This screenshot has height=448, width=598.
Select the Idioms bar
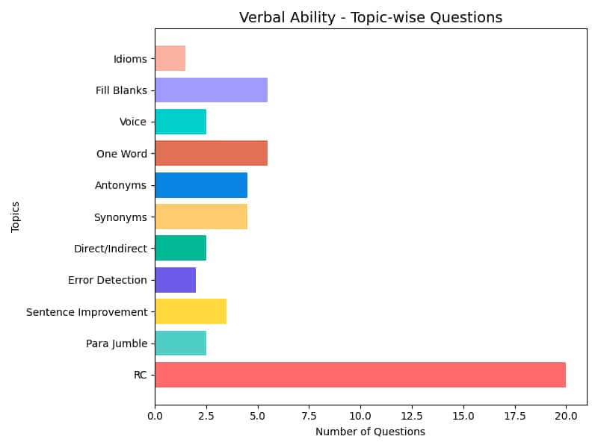click(170, 58)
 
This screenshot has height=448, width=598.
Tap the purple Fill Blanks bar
click(212, 90)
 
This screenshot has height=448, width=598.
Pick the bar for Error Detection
click(176, 280)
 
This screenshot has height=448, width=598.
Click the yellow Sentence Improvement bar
click(191, 311)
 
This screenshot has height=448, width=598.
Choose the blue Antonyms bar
click(201, 185)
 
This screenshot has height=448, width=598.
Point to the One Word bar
click(212, 153)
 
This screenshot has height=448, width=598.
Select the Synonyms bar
click(201, 217)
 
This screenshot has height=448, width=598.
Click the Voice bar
click(181, 122)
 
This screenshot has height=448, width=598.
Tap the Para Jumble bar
click(181, 343)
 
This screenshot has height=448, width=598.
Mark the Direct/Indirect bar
click(181, 249)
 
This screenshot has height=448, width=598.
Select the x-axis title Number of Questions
click(370, 432)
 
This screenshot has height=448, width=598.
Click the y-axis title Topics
click(16, 217)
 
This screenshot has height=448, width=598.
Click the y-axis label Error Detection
click(108, 280)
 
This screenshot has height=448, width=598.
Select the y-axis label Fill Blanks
click(121, 90)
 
